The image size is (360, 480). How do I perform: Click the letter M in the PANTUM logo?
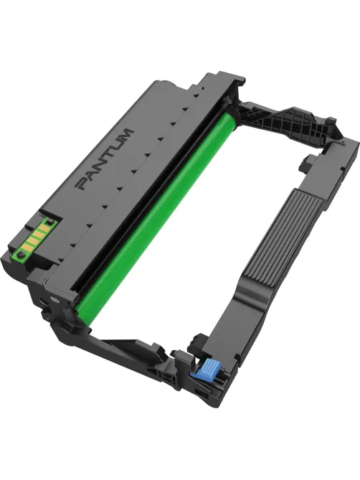click(x=125, y=134)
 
